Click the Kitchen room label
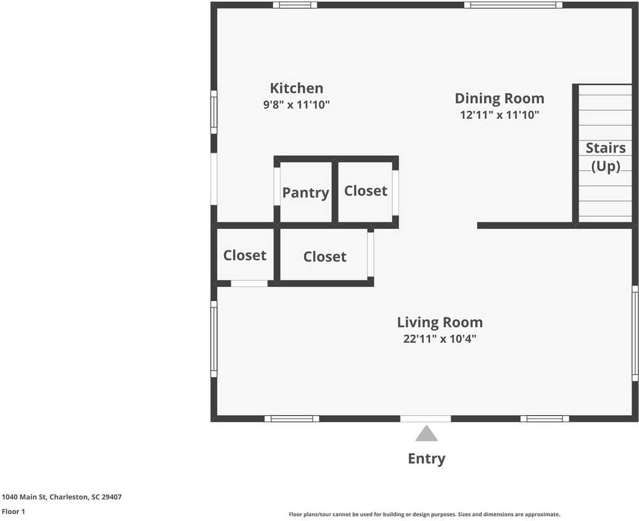tap(296, 88)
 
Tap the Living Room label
tap(440, 322)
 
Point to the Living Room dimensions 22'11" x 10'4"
tap(440, 339)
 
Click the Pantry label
tap(305, 193)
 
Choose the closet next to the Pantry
tap(366, 191)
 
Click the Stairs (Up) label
tap(605, 157)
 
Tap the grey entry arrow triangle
tap(427, 434)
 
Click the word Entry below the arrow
tap(427, 459)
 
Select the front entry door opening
tap(425, 418)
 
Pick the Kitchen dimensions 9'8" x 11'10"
tap(296, 105)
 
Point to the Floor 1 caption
tap(14, 511)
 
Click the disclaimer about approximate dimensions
tap(424, 514)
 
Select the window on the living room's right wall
tap(635, 334)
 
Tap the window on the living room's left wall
tap(214, 339)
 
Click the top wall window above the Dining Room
tap(513, 5)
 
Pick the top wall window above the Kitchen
tap(295, 5)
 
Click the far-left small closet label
tap(245, 255)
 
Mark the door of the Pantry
tap(277, 186)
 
